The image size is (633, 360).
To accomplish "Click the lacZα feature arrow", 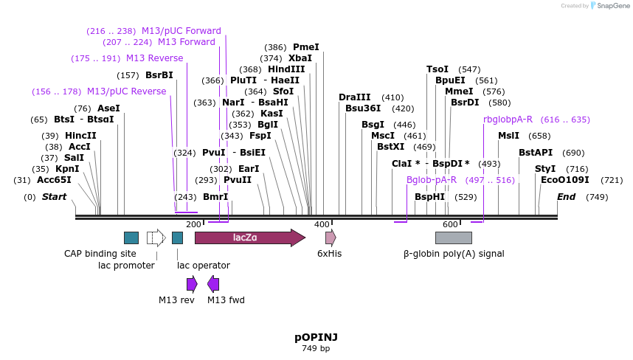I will point(249,238).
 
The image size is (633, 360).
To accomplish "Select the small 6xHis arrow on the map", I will point(331,238).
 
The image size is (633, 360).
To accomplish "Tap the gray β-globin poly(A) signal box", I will point(453,238).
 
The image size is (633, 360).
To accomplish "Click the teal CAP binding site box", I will point(131,238).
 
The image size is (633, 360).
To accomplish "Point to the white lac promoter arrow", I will point(156,238).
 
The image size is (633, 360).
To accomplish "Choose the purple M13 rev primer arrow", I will point(192,284).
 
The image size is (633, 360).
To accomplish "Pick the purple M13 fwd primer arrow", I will point(213,284).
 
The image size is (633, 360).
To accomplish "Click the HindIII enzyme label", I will point(286,69).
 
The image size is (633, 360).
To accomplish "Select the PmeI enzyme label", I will point(306,47).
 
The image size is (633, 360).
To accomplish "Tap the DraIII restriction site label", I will point(355,97).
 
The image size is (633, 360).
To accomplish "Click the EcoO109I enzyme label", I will point(565,180).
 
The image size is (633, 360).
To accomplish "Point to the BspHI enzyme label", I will point(429,197).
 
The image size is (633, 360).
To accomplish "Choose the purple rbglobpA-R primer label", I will point(508,120).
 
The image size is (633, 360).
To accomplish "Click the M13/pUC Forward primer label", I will point(181,31).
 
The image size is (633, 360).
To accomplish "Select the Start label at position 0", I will point(54,197).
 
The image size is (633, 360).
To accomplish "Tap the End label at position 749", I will point(566,197).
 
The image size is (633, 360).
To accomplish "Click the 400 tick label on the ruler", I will point(322,224).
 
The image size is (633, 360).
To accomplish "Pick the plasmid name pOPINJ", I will point(316,336).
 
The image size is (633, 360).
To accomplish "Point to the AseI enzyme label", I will point(108,108).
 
